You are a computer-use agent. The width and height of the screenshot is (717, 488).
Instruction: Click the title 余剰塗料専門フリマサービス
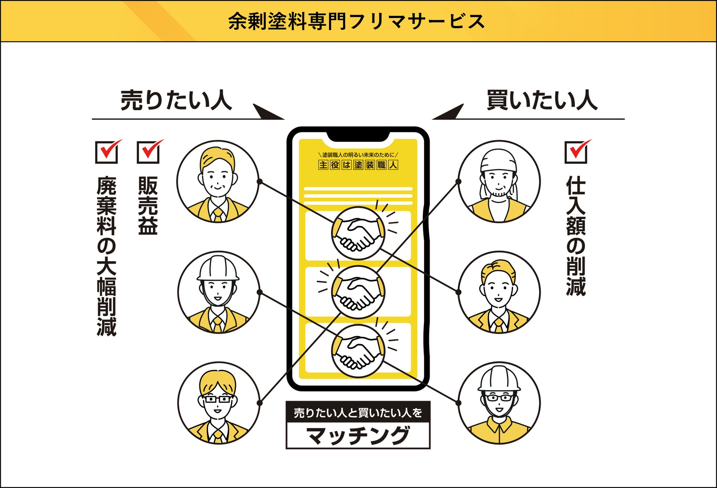(356, 21)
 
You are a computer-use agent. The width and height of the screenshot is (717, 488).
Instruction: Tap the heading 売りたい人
(176, 100)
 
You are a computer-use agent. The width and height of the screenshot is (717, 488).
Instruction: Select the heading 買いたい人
(542, 100)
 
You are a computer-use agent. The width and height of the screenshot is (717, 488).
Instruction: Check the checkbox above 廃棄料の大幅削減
(107, 152)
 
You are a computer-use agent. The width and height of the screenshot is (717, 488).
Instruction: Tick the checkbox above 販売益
(148, 152)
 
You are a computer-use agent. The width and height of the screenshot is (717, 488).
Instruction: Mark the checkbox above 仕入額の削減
(576, 152)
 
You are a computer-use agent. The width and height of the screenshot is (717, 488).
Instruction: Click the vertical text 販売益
(148, 206)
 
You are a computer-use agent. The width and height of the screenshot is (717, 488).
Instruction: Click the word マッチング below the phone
(358, 435)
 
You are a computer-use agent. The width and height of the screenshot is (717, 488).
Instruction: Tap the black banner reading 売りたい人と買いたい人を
(358, 413)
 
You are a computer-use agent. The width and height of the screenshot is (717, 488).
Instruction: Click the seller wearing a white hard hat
(218, 292)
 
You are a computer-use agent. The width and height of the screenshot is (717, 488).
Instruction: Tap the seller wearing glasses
(218, 403)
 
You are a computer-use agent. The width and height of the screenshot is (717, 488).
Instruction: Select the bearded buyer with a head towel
(499, 182)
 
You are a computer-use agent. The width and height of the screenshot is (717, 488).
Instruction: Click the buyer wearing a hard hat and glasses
(499, 403)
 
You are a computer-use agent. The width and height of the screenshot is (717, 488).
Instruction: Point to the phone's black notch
(358, 136)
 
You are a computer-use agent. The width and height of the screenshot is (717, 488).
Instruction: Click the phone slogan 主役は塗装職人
(358, 165)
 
